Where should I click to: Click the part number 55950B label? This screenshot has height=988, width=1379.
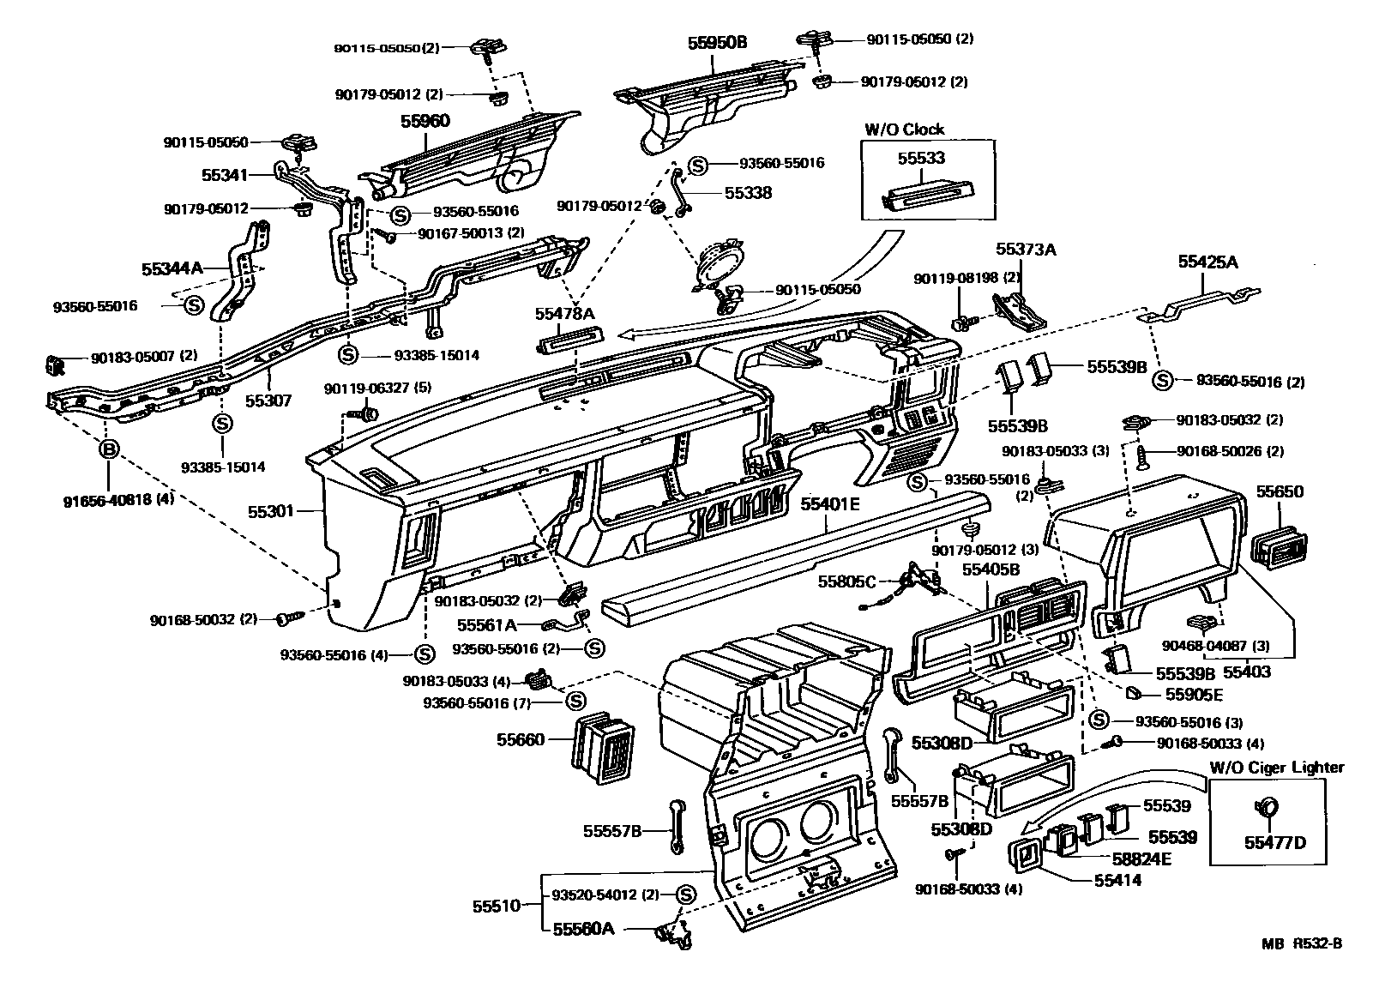(717, 41)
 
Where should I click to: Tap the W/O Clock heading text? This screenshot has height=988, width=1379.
(904, 130)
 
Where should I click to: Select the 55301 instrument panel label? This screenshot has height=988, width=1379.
(271, 511)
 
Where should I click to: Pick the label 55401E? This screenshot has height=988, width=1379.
(830, 504)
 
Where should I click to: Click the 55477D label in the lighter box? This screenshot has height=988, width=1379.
(1274, 842)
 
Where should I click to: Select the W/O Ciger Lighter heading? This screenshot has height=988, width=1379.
(1277, 767)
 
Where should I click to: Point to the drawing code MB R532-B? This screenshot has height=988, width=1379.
(1301, 943)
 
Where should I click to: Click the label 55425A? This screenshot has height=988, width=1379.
(1207, 262)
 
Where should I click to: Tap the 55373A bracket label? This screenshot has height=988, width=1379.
(1026, 250)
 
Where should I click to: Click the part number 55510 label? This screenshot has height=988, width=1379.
(496, 906)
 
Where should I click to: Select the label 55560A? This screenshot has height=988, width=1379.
(583, 929)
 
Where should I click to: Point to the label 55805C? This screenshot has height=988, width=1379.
(846, 581)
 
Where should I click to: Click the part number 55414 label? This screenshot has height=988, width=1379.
(1117, 880)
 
